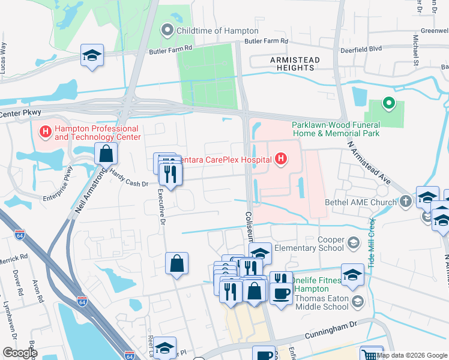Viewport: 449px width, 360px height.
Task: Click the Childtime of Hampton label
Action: coord(216,31)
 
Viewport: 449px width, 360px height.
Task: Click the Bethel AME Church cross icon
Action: coord(406,202)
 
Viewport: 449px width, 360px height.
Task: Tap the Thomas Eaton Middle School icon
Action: coord(358,301)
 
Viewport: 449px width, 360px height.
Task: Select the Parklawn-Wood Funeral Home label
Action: coord(336,129)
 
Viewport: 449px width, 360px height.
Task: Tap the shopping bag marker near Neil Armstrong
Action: coord(106,154)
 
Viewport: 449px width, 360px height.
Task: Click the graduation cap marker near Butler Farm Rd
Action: coord(92,56)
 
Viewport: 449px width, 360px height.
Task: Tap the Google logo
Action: coord(20,353)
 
